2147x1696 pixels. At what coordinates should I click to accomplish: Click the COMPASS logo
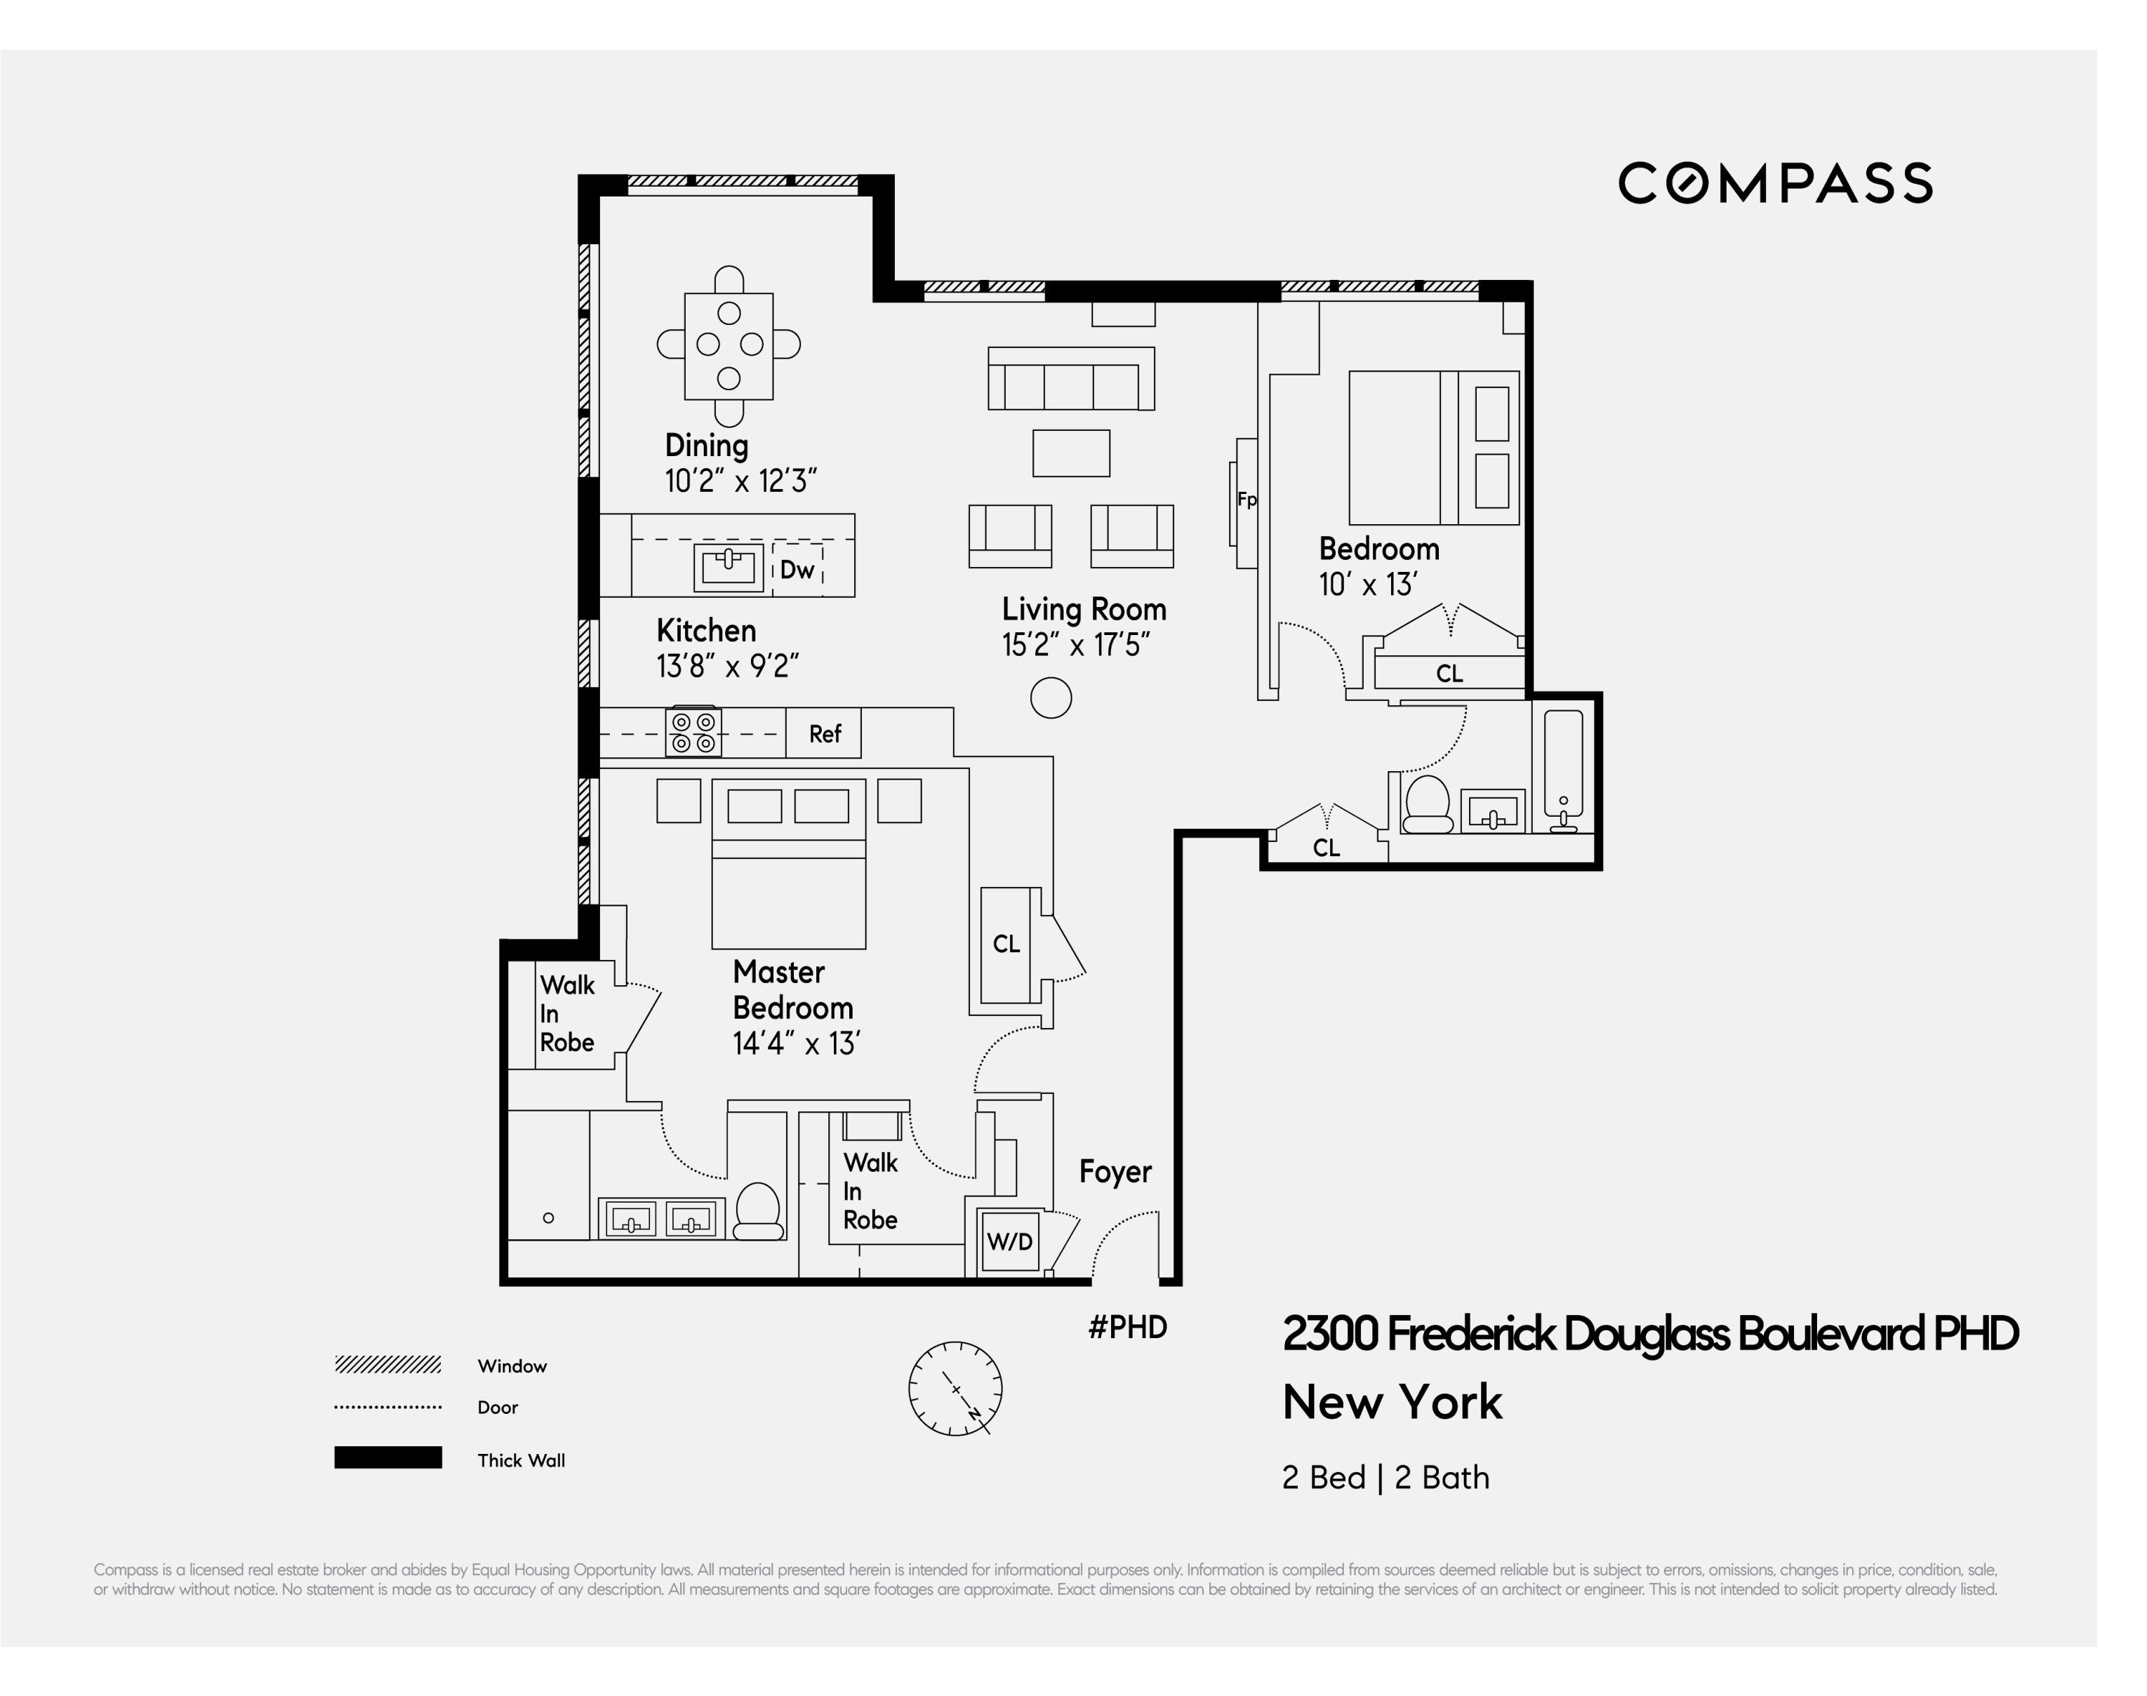[x=1774, y=184]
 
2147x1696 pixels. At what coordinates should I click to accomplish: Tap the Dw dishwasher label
[x=797, y=569]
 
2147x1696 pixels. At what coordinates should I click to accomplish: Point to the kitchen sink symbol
[x=728, y=566]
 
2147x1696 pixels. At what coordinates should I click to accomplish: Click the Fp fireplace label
[x=1247, y=500]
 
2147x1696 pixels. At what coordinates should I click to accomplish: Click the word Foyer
[x=1115, y=1172]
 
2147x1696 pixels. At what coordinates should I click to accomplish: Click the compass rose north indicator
[x=955, y=1388]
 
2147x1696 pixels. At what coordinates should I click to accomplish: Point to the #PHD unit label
[x=1127, y=1327]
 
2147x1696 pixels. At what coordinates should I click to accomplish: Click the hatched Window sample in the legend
[x=387, y=1364]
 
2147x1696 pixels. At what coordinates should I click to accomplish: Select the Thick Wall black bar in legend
[x=387, y=1457]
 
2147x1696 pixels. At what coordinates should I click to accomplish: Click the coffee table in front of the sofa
[x=1070, y=453]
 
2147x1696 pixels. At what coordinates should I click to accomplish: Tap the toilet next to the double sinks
[x=758, y=1211]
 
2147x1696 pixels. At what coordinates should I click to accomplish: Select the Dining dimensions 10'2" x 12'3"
[x=740, y=481]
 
